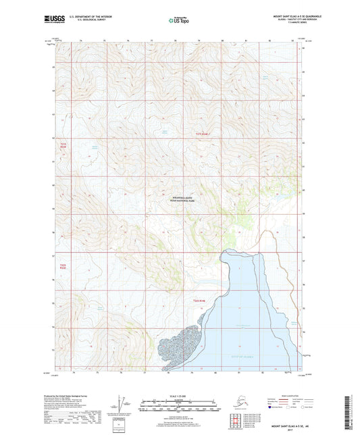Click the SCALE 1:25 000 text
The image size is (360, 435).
tap(180, 394)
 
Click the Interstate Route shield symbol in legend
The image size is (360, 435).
tap(270, 408)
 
